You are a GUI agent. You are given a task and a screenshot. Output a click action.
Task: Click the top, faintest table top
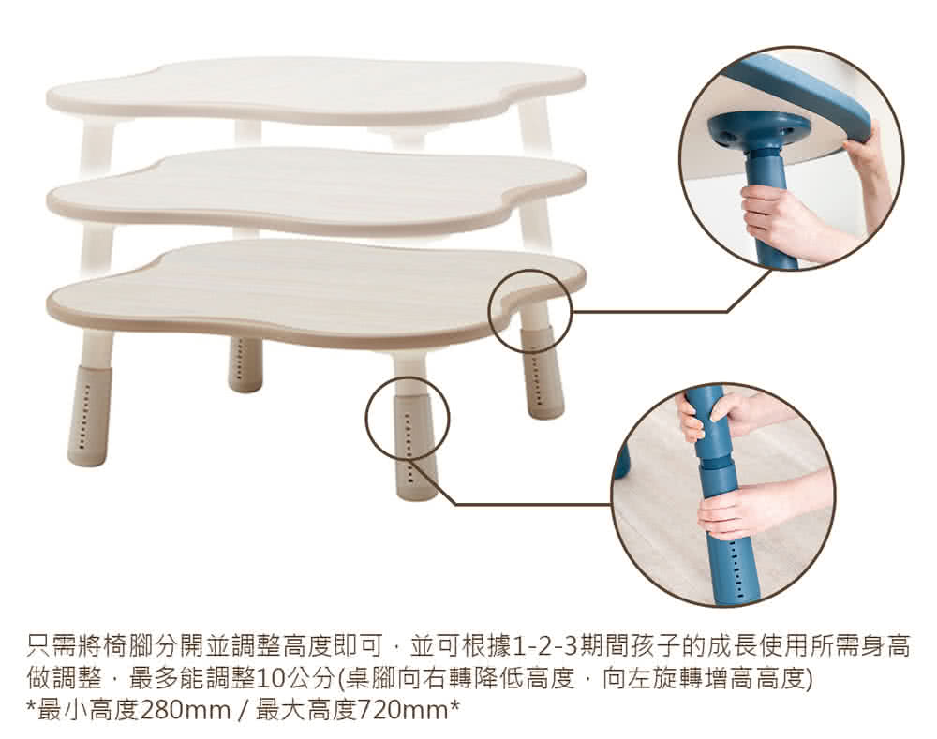(x=316, y=90)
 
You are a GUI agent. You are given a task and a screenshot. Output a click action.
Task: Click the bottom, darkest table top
(x=316, y=293)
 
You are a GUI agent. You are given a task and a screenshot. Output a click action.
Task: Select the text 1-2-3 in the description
(x=547, y=646)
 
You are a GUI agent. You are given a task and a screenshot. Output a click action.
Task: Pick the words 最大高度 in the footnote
(x=306, y=711)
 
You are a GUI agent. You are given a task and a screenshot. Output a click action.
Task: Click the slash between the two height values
(x=243, y=711)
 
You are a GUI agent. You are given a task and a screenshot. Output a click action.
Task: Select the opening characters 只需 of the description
(x=52, y=646)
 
